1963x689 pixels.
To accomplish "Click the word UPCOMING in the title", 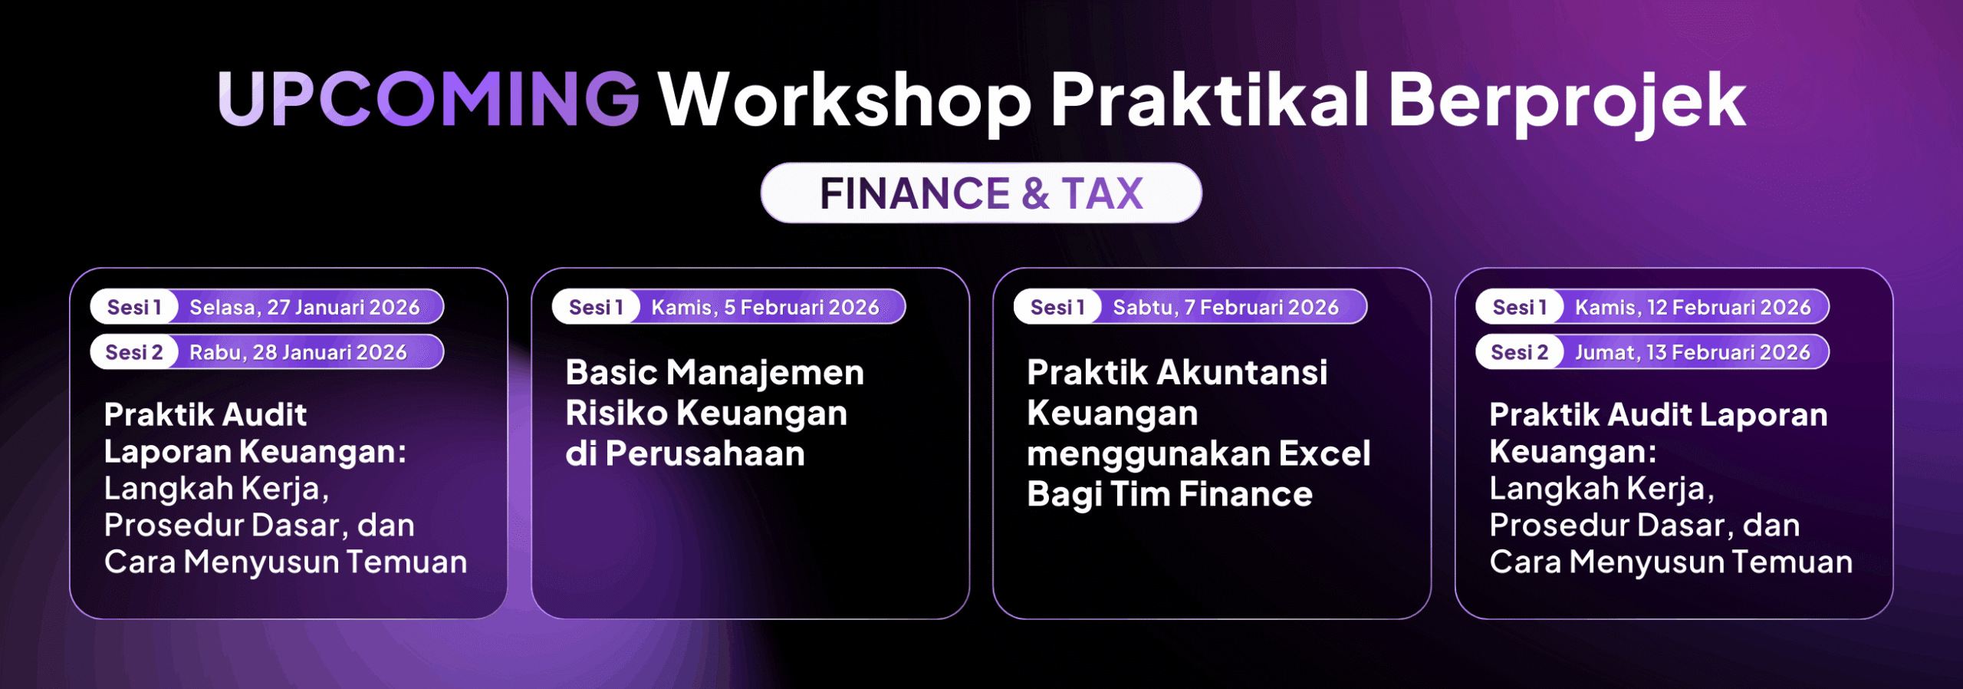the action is [x=429, y=99].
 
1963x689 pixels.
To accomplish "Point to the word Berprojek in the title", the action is [x=1567, y=101].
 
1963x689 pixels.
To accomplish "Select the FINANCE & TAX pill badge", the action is [x=981, y=193].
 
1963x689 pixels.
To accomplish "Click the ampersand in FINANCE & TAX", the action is [x=1035, y=193].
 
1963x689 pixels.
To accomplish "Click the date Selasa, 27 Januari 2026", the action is [x=304, y=307].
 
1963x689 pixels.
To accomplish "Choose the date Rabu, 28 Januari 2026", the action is [x=298, y=352].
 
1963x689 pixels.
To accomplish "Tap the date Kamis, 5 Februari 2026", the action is [x=764, y=307].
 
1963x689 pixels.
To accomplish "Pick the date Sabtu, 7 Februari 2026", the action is [x=1225, y=307].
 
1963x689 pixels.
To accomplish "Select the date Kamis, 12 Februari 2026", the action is [x=1692, y=307].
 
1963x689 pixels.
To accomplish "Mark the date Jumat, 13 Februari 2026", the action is [x=1692, y=352].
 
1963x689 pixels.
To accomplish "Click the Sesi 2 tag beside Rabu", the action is [x=134, y=352].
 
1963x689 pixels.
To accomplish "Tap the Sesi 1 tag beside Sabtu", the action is [x=1057, y=307].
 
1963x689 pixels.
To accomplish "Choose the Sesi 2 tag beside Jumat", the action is [x=1519, y=352].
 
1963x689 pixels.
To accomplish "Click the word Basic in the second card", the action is [x=611, y=372].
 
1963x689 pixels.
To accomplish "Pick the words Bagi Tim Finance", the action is [x=1169, y=494].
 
